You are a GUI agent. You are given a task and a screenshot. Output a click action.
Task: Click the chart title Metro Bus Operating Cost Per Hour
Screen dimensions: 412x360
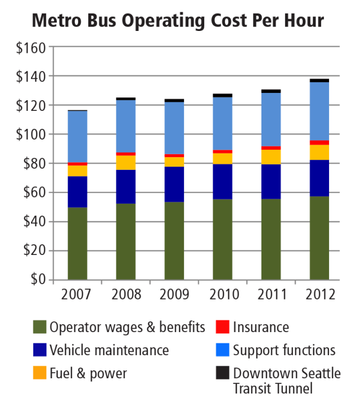click(x=178, y=20)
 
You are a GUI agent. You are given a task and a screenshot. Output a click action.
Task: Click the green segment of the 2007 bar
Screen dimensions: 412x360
click(x=77, y=244)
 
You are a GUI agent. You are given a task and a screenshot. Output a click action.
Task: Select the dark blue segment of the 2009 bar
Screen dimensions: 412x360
click(x=174, y=184)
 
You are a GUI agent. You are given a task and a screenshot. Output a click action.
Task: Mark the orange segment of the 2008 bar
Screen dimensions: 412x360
click(x=125, y=162)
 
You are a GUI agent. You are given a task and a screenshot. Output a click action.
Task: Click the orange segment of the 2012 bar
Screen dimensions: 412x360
click(x=319, y=152)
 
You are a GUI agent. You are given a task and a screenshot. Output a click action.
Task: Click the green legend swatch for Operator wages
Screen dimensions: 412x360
click(x=39, y=327)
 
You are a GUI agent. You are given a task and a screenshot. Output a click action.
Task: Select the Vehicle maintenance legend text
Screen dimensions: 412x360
click(x=109, y=350)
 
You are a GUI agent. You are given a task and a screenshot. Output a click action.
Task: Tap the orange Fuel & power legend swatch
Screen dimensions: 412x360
click(x=39, y=373)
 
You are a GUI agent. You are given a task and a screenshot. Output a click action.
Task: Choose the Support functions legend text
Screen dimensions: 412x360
click(x=284, y=350)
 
